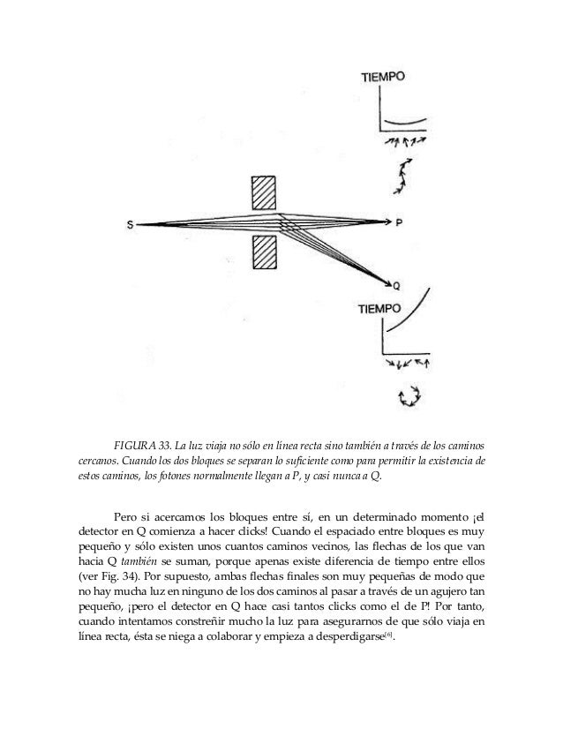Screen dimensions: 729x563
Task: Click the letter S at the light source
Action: click(x=131, y=224)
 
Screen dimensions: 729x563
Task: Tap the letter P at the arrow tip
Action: click(x=399, y=223)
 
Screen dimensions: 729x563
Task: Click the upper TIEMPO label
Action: click(x=383, y=77)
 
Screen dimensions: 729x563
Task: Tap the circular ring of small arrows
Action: click(x=410, y=396)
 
